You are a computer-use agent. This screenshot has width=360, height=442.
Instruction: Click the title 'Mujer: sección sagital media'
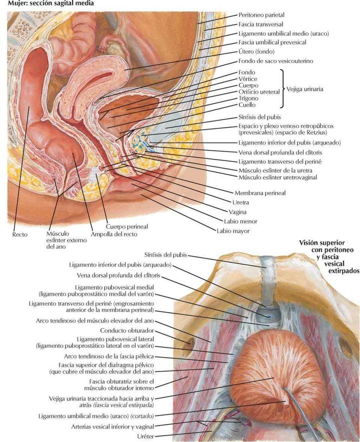(x=43, y=3)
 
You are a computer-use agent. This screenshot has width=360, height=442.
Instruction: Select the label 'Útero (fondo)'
(x=256, y=51)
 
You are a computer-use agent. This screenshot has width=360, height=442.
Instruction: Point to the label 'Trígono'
(x=249, y=98)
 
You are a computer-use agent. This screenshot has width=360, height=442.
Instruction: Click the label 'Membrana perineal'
(x=258, y=192)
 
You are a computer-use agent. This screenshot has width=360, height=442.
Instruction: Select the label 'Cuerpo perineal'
(x=120, y=226)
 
